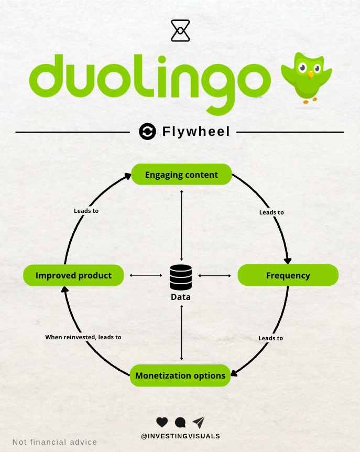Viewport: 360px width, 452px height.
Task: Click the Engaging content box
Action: (x=181, y=175)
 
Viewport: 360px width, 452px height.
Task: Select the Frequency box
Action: (x=288, y=275)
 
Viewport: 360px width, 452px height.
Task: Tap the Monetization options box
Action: (x=180, y=375)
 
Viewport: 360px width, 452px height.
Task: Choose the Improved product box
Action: (x=73, y=275)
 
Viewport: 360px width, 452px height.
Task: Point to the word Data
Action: (x=181, y=297)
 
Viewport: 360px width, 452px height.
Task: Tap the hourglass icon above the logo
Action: (x=180, y=30)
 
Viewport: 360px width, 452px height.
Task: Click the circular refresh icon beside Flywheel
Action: (x=148, y=132)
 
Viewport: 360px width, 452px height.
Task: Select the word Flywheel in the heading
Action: (x=196, y=132)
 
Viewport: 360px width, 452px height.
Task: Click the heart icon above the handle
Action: (x=162, y=422)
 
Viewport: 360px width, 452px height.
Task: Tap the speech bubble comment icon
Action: (x=180, y=422)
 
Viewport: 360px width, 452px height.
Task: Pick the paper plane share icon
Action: (x=199, y=422)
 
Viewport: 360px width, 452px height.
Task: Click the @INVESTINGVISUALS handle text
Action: (x=180, y=436)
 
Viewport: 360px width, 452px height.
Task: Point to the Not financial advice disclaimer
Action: (x=54, y=442)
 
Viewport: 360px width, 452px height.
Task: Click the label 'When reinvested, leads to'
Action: (x=83, y=337)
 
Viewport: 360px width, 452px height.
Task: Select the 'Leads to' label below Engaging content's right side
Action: (x=271, y=212)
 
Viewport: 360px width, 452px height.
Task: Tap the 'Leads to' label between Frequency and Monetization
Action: (x=271, y=338)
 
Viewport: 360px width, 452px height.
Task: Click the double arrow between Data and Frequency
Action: (x=215, y=275)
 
